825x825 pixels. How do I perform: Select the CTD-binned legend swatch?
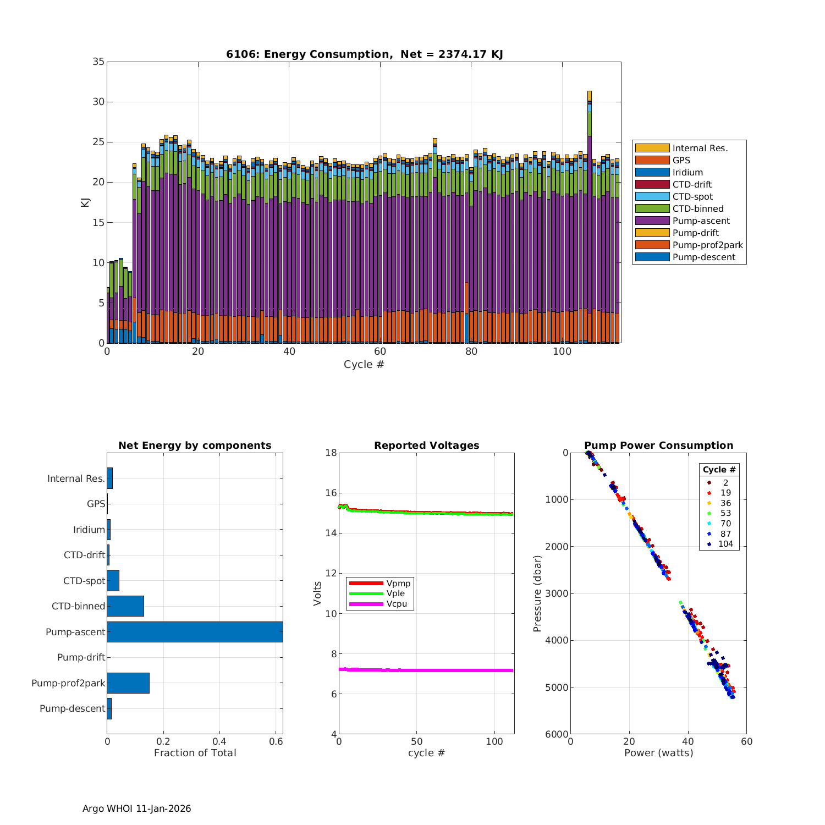(652, 208)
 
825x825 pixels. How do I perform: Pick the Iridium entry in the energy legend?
(687, 172)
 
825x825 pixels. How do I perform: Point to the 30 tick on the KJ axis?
(98, 102)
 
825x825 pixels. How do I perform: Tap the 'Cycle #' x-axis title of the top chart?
(364, 364)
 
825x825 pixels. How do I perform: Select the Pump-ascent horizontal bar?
(195, 632)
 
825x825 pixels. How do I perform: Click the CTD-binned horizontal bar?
(125, 606)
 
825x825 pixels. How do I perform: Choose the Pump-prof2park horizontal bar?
(128, 683)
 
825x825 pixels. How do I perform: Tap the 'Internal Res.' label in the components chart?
(76, 479)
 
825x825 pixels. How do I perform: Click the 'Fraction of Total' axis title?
(195, 753)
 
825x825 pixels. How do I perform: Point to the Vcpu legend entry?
(396, 604)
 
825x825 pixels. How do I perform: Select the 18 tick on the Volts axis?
(331, 453)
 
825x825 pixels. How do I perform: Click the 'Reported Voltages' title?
(426, 446)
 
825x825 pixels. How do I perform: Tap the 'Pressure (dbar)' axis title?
(537, 593)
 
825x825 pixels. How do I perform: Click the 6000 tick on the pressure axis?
(558, 734)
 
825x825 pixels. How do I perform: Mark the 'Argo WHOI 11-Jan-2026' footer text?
(136, 809)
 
